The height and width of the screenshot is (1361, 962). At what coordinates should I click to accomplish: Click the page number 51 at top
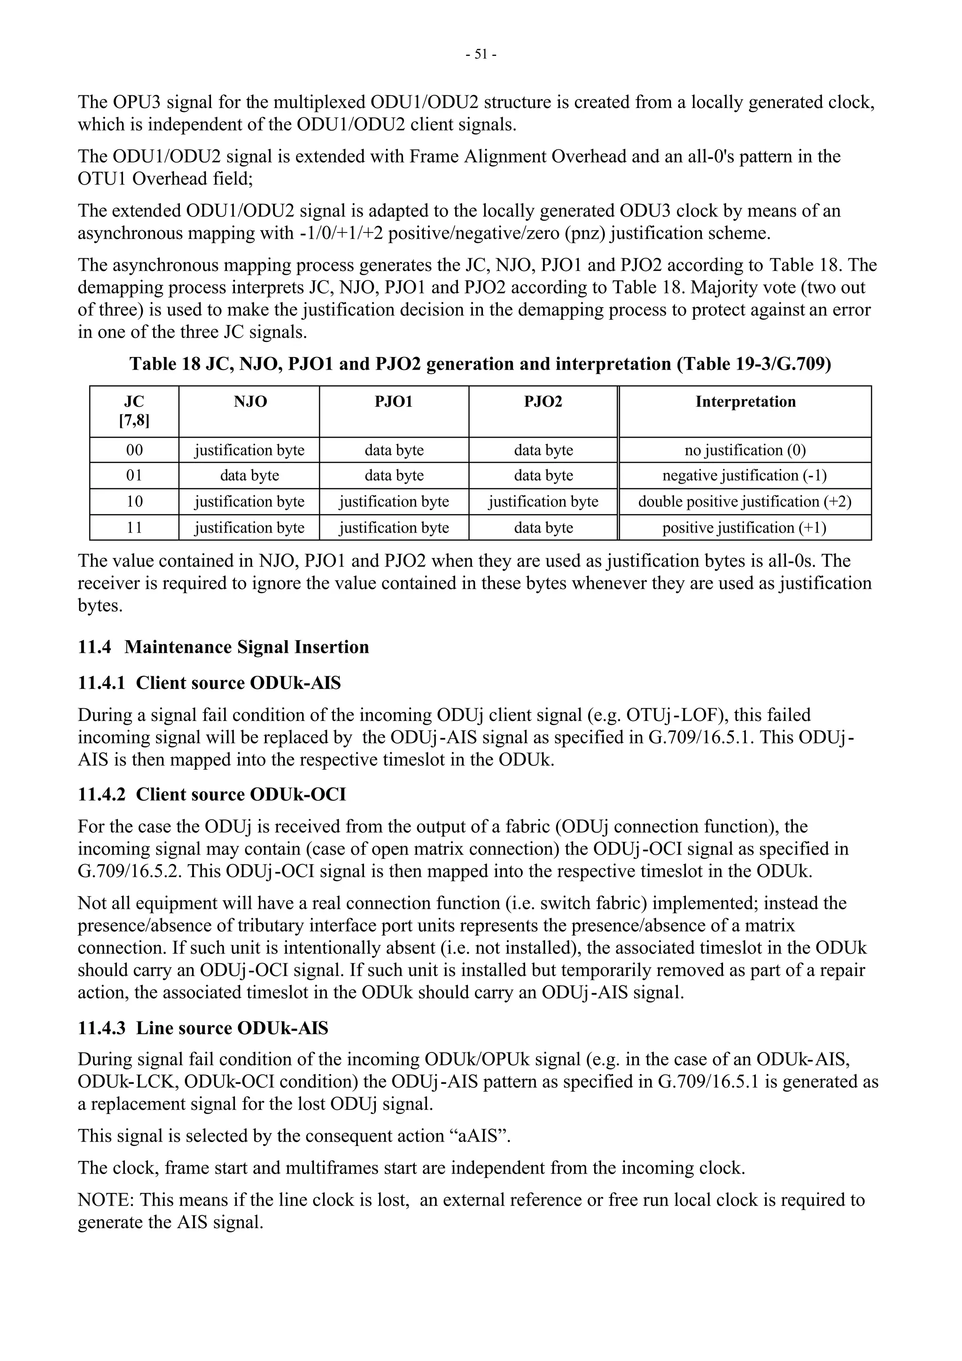(x=481, y=54)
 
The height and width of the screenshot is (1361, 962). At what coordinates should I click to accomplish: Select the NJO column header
(x=250, y=402)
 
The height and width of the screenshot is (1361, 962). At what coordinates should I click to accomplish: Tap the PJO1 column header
(x=394, y=402)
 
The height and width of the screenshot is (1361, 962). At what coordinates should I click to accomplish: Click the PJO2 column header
(x=543, y=402)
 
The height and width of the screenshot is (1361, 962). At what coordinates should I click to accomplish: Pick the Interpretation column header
(x=745, y=402)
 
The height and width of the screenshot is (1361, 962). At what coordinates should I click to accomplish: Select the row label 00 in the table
(x=134, y=450)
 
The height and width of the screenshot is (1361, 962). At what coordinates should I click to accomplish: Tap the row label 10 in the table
(x=134, y=502)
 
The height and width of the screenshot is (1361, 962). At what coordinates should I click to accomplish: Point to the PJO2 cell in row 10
(x=543, y=502)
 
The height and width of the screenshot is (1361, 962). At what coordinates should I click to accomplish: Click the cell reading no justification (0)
(x=745, y=450)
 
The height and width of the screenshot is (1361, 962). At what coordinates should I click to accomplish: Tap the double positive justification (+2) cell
(x=745, y=502)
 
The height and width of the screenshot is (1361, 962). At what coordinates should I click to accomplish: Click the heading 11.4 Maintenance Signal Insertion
(x=224, y=647)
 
